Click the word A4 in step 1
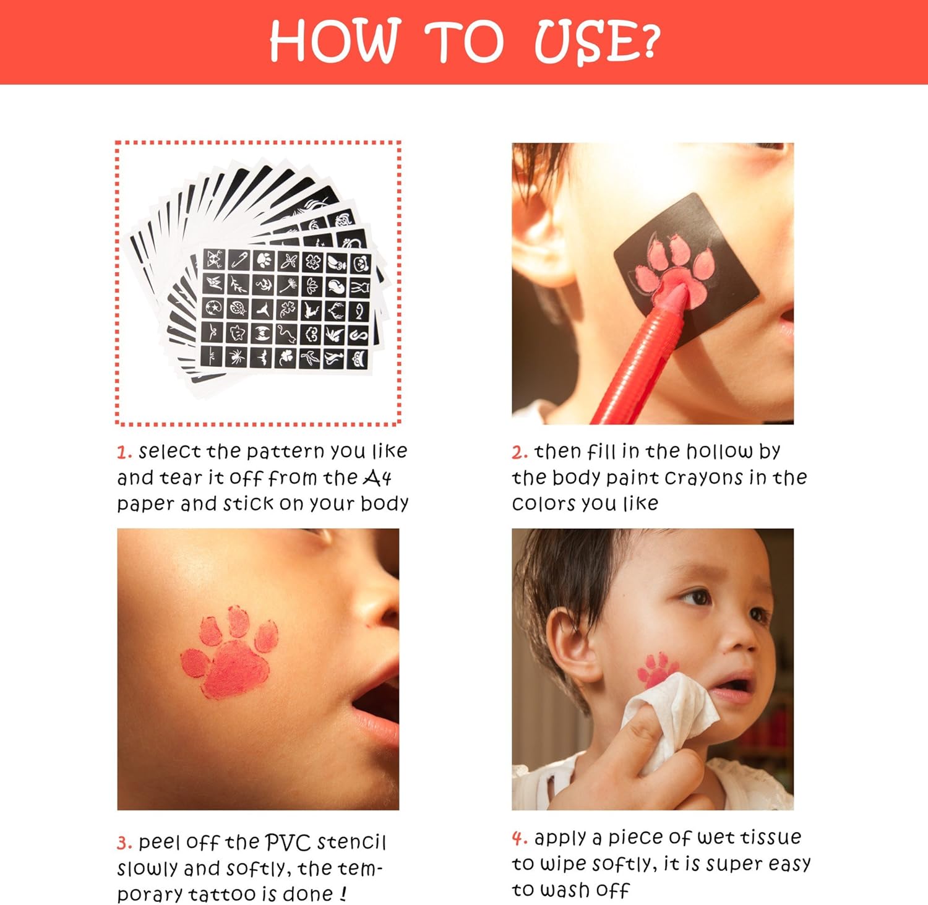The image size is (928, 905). click(x=377, y=478)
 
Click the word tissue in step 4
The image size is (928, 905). click(x=771, y=837)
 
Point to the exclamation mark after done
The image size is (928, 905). click(x=343, y=894)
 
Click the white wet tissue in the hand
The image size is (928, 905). click(x=671, y=718)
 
